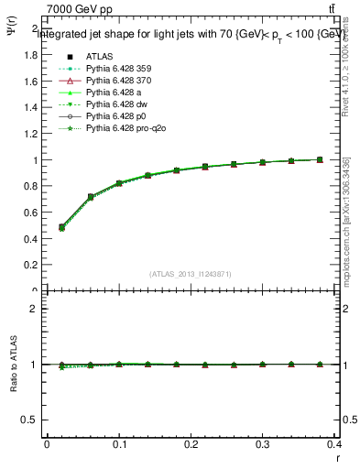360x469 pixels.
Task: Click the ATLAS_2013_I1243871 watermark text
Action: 190,274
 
